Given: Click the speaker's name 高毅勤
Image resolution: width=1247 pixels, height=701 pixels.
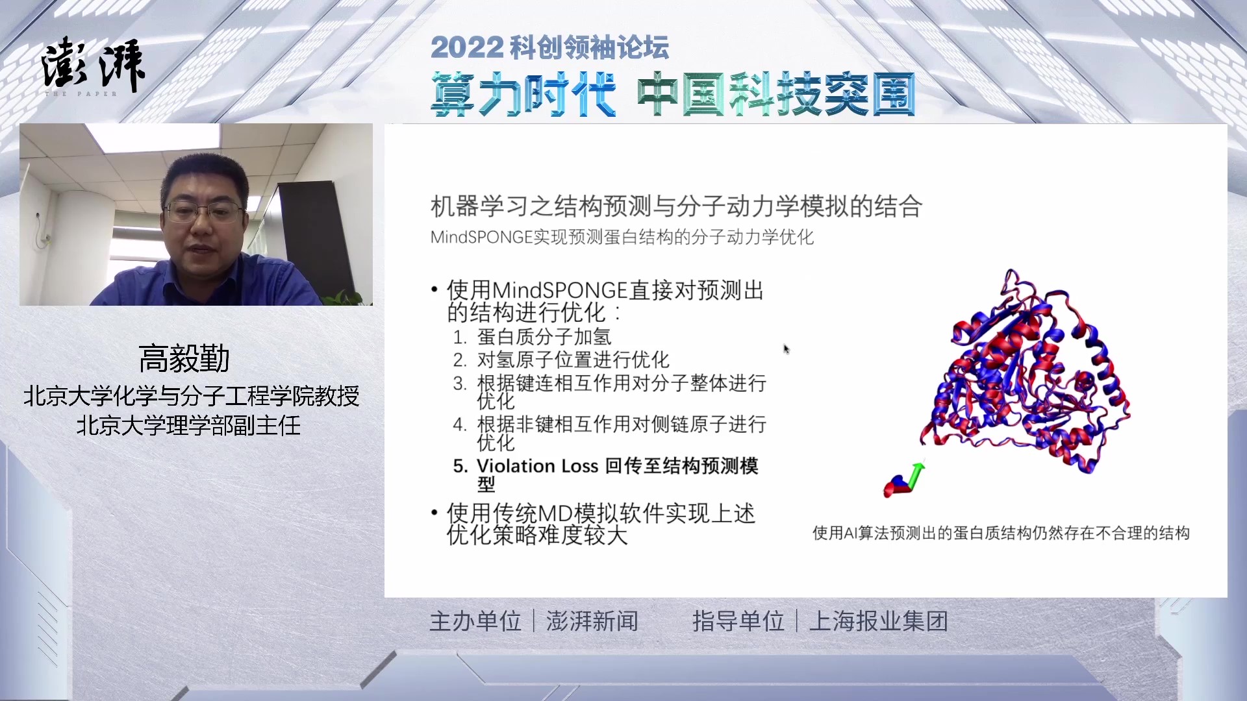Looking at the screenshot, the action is coord(184,358).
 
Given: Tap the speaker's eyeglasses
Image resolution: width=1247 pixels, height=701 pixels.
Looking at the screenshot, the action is coord(203,211).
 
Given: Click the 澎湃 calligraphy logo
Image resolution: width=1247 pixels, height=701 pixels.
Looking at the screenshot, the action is coord(94,64).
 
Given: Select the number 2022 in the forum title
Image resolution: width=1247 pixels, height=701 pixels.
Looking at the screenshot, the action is coord(466,47).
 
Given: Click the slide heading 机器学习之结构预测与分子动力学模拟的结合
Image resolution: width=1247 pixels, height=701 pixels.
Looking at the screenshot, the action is coord(676,206).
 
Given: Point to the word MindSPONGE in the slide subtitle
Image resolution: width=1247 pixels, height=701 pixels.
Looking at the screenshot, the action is coord(481,237).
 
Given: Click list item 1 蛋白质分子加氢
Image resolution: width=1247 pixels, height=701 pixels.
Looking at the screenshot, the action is coord(532,337).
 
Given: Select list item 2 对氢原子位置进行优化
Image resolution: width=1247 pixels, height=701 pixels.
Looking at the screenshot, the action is coord(561,360).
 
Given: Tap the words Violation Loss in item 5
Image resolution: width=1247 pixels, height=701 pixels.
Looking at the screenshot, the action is coord(537,466).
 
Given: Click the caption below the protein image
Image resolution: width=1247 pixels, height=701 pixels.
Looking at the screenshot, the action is coord(1001,534).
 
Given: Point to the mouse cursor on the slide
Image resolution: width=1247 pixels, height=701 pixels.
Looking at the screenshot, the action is coord(787,349).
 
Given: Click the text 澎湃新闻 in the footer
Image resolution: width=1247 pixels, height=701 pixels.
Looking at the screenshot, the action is coord(592,621).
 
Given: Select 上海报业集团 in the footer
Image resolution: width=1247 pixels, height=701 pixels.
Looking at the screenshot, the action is coord(879,621).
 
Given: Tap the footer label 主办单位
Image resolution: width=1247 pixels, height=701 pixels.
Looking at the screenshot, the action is coord(475,621).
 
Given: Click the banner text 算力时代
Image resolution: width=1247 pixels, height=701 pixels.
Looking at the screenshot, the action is coord(523,95).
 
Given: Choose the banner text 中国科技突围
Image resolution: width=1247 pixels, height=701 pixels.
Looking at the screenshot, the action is coord(776,95).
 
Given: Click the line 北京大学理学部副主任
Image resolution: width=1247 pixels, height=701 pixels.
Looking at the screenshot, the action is coord(189,426).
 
